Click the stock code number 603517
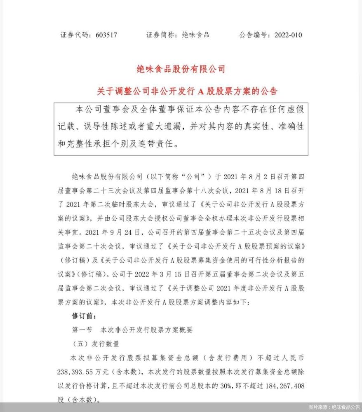click(x=106, y=35)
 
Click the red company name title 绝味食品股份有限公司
click(x=181, y=69)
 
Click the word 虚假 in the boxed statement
click(x=296, y=110)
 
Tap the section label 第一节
click(x=83, y=330)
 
